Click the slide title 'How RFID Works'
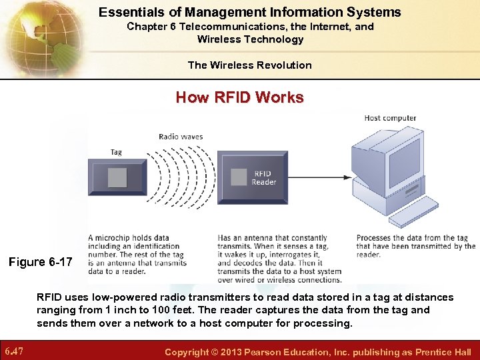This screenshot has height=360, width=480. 239,97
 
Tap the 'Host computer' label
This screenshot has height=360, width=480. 390,118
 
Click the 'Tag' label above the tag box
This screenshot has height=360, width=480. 116,152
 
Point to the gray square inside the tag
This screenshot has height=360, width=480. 117,177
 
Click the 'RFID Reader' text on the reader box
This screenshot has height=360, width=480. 264,178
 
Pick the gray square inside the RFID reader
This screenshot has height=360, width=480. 239,177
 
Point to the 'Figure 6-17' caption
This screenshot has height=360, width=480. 40,262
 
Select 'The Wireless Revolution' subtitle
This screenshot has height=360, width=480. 249,65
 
